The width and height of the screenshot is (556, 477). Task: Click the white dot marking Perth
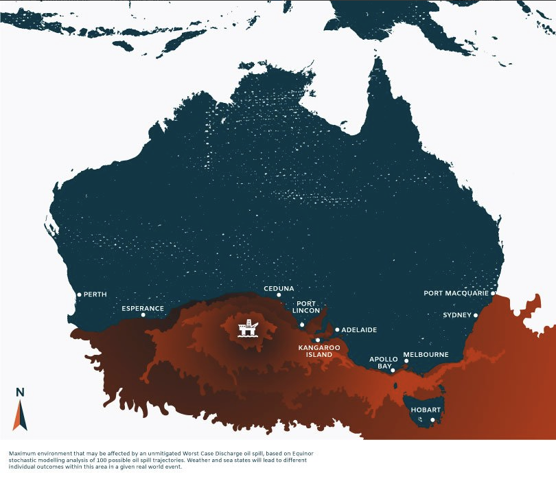(79, 294)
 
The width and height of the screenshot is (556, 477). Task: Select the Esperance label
(143, 308)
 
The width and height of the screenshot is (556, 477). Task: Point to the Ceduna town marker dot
(279, 295)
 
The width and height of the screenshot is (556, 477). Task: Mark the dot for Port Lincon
(303, 324)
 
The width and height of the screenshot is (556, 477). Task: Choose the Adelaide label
(359, 329)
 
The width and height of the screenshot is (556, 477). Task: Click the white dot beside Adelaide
(337, 329)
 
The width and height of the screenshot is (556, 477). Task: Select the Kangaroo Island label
(315, 351)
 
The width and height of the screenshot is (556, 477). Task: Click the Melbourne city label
(426, 354)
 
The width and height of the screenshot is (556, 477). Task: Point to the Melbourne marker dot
(406, 361)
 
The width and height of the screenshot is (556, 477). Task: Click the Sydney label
(457, 315)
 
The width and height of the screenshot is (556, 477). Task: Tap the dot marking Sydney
(476, 316)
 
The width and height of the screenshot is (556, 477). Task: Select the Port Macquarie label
(456, 293)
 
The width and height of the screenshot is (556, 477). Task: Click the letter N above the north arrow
(19, 393)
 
